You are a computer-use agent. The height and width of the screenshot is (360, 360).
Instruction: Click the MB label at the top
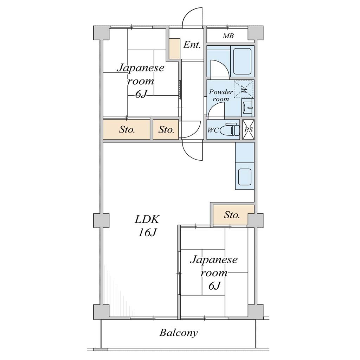[x=228, y=36]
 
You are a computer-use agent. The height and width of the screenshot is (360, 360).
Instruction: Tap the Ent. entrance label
[x=192, y=45]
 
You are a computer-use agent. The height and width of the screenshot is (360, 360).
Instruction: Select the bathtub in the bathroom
[x=242, y=61]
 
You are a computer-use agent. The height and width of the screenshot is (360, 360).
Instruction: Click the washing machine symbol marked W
[x=244, y=89]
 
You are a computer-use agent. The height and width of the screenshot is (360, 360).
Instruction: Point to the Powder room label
[x=221, y=95]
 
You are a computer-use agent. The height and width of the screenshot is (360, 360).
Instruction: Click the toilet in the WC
[x=230, y=130]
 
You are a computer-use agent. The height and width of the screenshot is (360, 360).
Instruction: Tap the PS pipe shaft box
[x=249, y=130]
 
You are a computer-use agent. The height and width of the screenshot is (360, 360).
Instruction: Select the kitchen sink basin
[x=245, y=176]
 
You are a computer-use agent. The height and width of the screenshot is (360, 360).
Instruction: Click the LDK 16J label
[x=147, y=226]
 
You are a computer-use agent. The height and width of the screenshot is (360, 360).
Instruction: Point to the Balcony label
[x=179, y=333]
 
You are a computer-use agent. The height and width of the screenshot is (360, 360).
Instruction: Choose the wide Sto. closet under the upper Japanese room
[x=127, y=130]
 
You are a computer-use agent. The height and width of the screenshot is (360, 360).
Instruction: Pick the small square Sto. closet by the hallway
[x=166, y=130]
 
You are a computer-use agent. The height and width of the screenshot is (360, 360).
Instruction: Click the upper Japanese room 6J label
[x=141, y=81]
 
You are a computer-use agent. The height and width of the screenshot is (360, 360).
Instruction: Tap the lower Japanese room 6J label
[x=214, y=273]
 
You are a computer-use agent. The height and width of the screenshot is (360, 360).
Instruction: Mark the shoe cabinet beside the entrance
[x=175, y=49]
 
